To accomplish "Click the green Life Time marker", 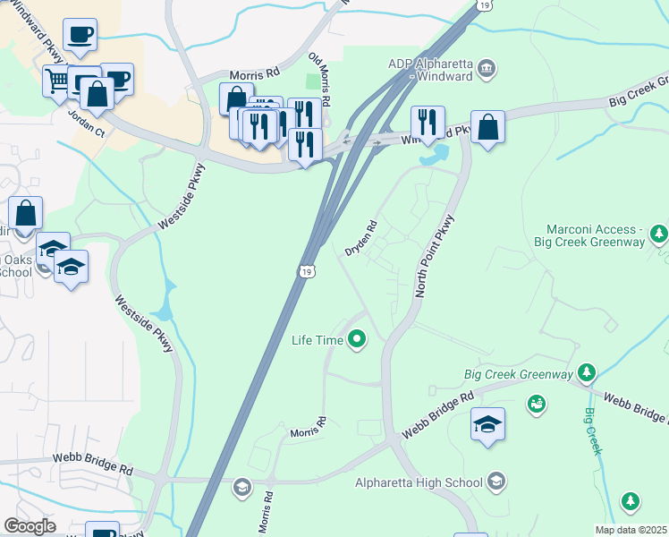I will point(357,339).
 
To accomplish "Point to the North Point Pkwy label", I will point(435,256).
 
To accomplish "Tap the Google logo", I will point(30,526).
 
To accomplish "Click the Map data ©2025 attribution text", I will point(631,530).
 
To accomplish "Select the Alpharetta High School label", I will point(419,483).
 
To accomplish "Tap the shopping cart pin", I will point(58,82).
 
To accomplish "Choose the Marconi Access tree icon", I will point(659,234).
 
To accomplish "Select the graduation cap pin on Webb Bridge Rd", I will point(488,424).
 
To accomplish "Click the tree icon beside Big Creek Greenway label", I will point(587,371).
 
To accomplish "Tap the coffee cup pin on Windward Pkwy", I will point(79,35).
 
